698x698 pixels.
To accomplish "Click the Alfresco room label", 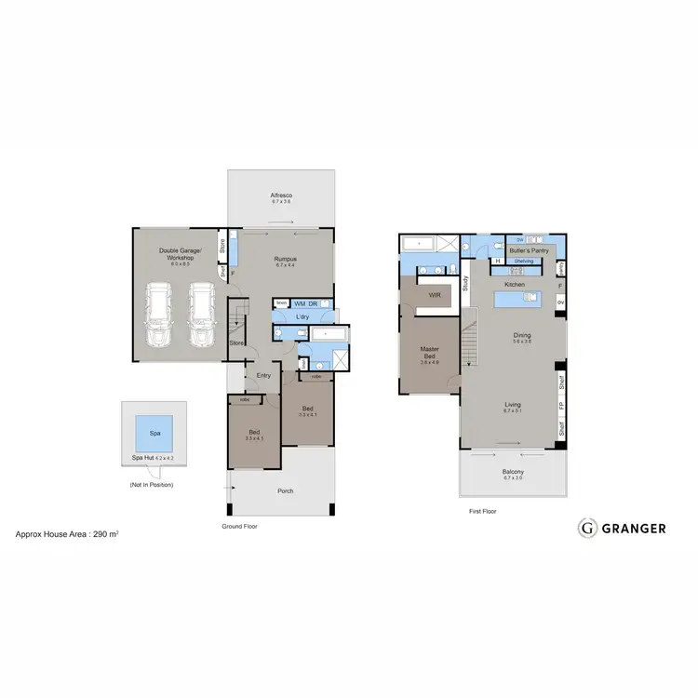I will coord(281,195).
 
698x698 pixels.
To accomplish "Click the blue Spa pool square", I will coord(154,432).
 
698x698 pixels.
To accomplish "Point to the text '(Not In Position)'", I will coord(151,485).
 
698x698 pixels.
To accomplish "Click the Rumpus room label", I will coord(284,259).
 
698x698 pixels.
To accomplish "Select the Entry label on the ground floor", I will coord(262,375).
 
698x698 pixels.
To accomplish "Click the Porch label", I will coord(286,491).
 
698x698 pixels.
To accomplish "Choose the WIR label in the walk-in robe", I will coord(434,294).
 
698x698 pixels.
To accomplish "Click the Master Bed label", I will coord(428,351).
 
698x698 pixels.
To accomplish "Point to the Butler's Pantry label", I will coord(529,250).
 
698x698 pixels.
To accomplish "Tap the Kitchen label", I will coord(514,284).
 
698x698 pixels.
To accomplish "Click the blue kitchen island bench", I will coord(517,300).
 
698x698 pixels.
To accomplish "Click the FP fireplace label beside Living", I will coord(560,406).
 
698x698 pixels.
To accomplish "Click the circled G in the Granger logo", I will coord(587,528).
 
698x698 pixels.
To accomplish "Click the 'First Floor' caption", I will coord(482,511).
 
